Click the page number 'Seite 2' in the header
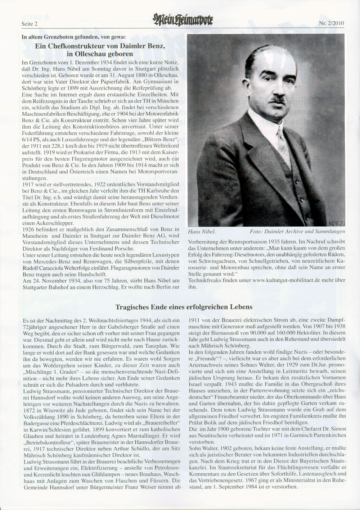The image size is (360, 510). point(30,24)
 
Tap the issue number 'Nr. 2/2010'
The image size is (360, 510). point(332,23)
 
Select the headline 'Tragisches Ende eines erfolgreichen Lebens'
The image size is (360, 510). point(184,307)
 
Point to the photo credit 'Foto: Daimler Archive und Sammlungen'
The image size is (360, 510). point(297,231)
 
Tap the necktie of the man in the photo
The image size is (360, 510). point(283,144)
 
